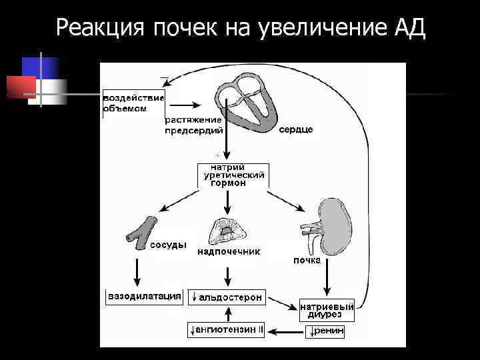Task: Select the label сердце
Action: [295, 129]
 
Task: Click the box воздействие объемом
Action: [133, 103]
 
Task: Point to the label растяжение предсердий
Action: [194, 125]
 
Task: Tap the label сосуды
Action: [168, 245]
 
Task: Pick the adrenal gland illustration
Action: [229, 231]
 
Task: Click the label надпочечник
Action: [229, 252]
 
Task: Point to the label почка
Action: [307, 261]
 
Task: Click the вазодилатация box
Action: [144, 295]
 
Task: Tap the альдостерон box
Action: [227, 297]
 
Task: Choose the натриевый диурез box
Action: [326, 310]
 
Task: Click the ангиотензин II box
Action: [227, 329]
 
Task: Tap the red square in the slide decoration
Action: [20, 87]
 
